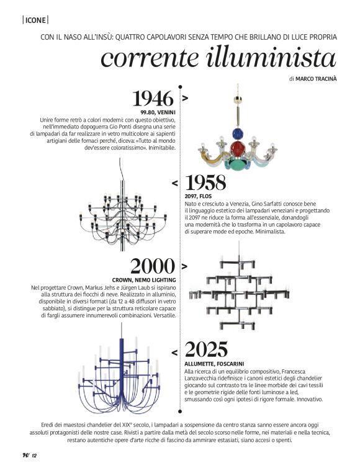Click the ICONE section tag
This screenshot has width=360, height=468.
pos(35,20)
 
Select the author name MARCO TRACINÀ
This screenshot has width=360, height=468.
pos(317,79)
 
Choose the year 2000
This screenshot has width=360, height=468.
pos(152,267)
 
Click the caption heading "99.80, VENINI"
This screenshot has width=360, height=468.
pos(157,112)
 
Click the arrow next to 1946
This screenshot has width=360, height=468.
pos(184,98)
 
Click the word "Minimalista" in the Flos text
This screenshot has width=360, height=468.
pos(268,232)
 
